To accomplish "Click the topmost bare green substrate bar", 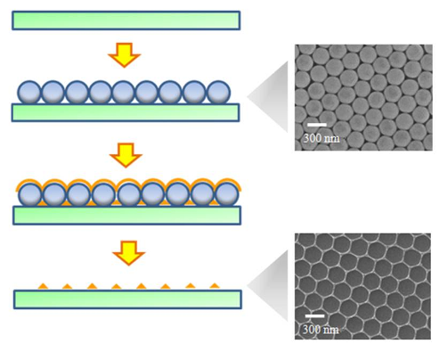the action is tap(126, 20).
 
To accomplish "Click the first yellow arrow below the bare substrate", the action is tap(124, 55).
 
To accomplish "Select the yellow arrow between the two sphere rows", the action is tap(126, 155).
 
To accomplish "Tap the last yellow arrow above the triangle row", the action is tap(128, 253).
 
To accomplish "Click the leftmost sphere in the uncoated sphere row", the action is tap(29, 93).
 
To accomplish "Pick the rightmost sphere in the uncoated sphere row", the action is tap(218, 93).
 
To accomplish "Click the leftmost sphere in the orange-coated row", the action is tap(30, 195).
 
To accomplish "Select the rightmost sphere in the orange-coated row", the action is tap(227, 194).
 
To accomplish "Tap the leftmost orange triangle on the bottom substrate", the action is tap(43, 286).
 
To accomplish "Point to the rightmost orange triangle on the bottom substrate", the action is tap(215, 286).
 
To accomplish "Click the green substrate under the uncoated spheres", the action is tap(126, 112).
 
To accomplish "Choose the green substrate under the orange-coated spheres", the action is tap(126, 216).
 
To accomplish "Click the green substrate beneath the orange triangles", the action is tap(127, 299).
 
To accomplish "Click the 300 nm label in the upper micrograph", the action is tap(321, 138).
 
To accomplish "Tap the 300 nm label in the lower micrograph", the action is tap(321, 330).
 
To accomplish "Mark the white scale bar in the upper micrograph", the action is tap(317, 125).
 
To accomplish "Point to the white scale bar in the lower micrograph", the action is tap(315, 315).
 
